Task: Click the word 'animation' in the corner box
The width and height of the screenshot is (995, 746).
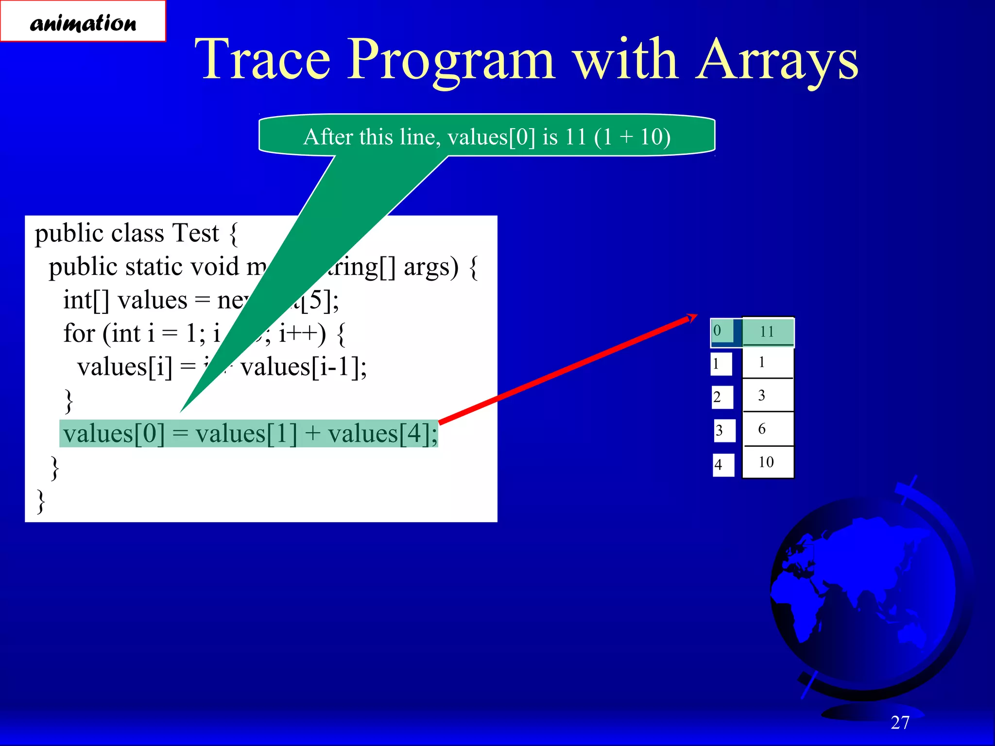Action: (83, 23)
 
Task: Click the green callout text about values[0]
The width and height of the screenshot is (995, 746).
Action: (487, 136)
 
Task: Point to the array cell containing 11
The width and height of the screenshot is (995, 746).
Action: (768, 332)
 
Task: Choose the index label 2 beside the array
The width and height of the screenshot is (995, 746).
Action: (718, 397)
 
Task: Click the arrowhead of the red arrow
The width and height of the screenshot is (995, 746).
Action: (692, 318)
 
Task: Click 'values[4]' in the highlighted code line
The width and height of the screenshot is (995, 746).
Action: (381, 434)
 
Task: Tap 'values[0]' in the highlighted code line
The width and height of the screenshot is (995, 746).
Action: (115, 434)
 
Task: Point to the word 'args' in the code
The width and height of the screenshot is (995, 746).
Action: (430, 267)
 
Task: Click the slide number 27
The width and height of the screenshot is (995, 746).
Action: (900, 723)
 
